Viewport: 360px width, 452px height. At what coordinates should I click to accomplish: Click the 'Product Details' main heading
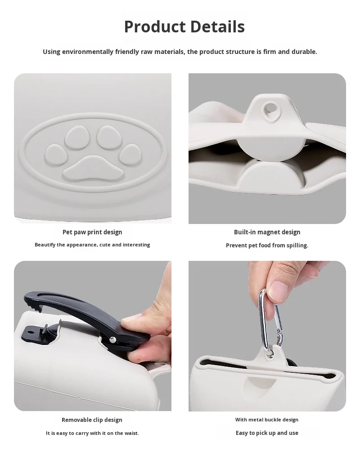coord(184,27)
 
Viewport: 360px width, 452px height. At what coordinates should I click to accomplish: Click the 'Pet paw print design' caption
coord(92,232)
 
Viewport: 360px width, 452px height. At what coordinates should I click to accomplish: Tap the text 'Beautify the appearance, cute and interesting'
coord(92,245)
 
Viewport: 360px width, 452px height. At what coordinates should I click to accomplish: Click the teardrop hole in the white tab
coord(271,108)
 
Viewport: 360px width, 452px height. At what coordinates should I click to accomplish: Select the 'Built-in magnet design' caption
coord(267,232)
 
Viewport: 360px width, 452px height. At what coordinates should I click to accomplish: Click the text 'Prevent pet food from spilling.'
coord(267,246)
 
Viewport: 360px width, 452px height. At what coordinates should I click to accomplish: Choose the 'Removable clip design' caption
coord(92,420)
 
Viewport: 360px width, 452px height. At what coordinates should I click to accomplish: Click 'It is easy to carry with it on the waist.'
coord(92,433)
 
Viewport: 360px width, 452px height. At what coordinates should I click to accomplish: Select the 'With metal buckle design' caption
coord(267,420)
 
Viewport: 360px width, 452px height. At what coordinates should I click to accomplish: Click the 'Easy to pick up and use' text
coord(267,433)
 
